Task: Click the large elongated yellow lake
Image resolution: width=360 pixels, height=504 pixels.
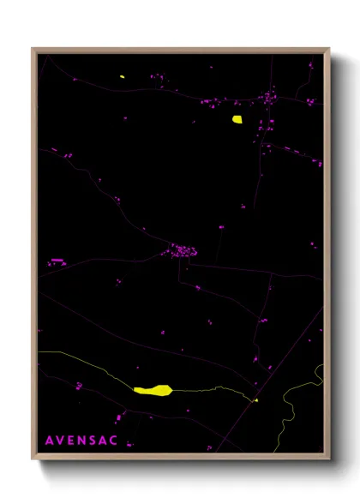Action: tap(153, 390)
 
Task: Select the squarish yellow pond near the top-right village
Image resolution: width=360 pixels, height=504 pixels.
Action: tap(237, 120)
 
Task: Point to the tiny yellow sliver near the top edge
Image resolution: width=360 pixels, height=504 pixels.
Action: tap(123, 78)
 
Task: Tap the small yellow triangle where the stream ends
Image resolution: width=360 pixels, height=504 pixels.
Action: tap(255, 399)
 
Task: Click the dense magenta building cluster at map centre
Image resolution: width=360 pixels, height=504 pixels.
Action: tap(183, 251)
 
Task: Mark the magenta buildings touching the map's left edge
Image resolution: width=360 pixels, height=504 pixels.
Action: tap(57, 260)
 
